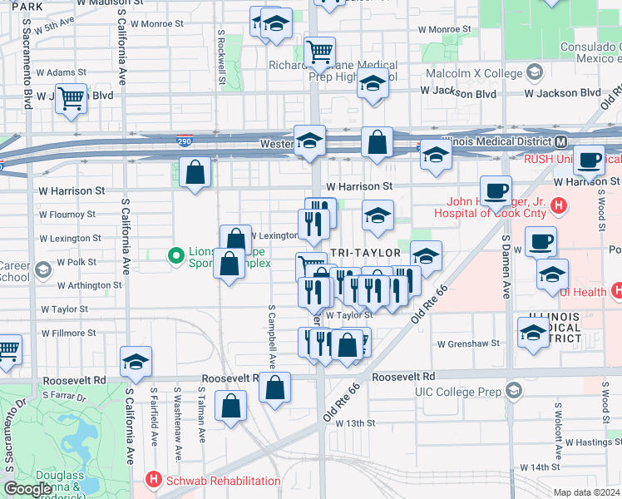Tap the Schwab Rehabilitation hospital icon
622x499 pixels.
pyautogui.click(x=152, y=480)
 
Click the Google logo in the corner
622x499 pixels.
pyautogui.click(x=28, y=488)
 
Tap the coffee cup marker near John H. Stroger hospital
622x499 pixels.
pyautogui.click(x=496, y=190)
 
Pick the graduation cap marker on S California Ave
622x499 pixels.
pyautogui.click(x=136, y=362)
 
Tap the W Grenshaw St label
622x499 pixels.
pyautogui.click(x=468, y=342)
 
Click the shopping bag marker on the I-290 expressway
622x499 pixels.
pyautogui.click(x=377, y=142)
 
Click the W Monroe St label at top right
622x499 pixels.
pyautogui.click(x=444, y=29)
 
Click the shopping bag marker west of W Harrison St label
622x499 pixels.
pyautogui.click(x=195, y=173)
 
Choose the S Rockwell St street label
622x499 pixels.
pyautogui.click(x=222, y=57)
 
